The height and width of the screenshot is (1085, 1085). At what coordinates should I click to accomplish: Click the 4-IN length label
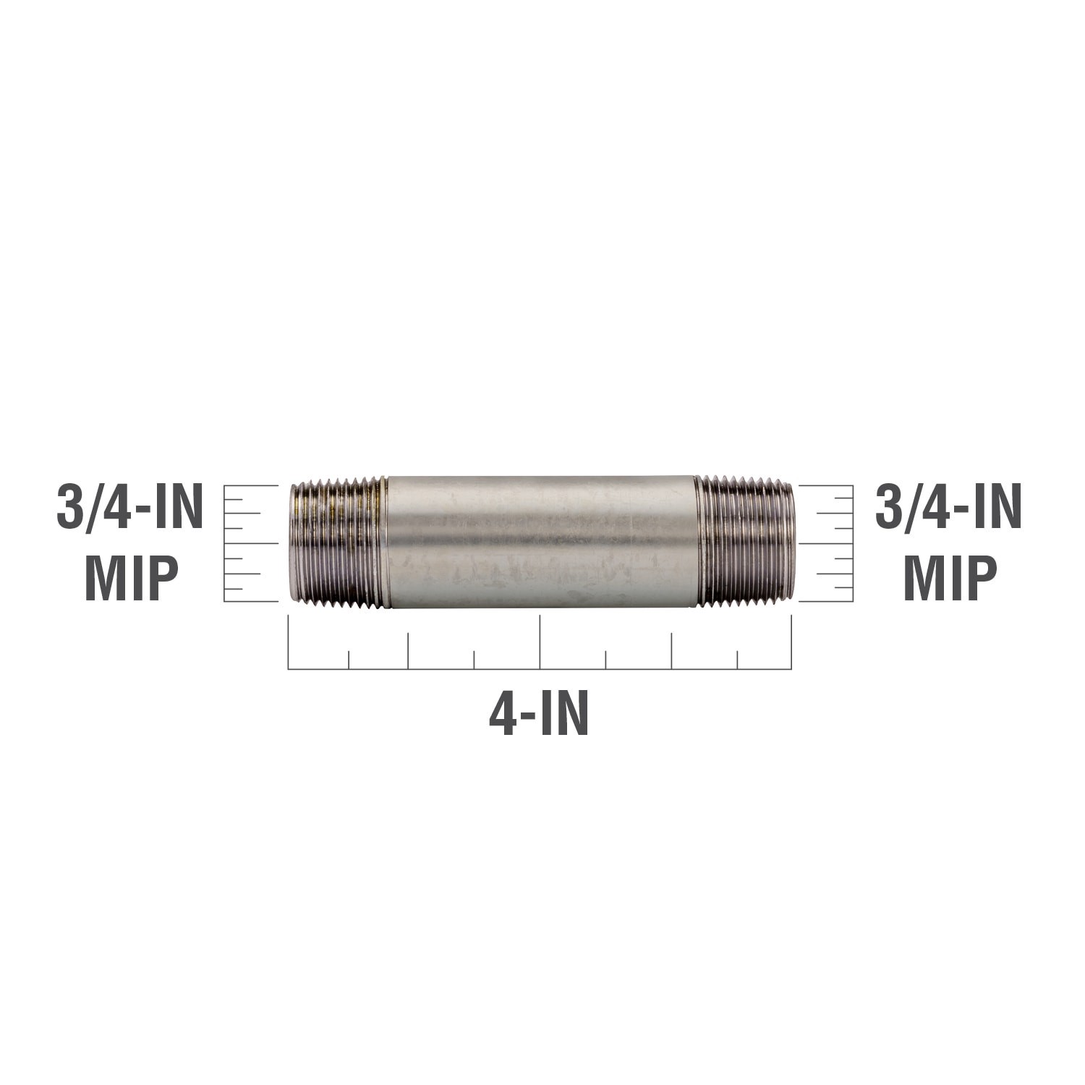pyautogui.click(x=539, y=715)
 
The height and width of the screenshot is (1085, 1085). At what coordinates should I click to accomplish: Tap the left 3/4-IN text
pyautogui.click(x=129, y=509)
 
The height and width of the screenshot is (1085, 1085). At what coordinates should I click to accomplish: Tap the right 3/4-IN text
pyautogui.click(x=948, y=509)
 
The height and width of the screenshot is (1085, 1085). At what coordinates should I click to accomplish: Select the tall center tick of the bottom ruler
pyautogui.click(x=540, y=642)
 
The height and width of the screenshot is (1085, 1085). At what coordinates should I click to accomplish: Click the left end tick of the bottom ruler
pyautogui.click(x=289, y=642)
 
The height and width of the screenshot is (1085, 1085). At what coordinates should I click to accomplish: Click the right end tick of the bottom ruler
pyautogui.click(x=791, y=642)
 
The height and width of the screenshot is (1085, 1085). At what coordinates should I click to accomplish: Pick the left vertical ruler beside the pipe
pyautogui.click(x=250, y=542)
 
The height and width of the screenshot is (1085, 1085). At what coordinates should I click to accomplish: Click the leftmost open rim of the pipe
pyautogui.click(x=293, y=542)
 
